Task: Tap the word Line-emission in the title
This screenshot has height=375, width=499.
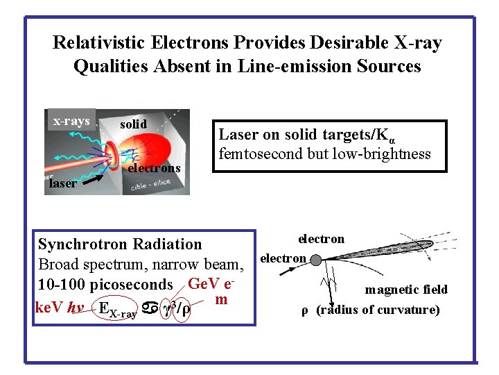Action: pyautogui.click(x=294, y=67)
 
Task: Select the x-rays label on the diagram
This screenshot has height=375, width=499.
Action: pyautogui.click(x=71, y=122)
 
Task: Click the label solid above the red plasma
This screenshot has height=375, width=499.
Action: pyautogui.click(x=133, y=124)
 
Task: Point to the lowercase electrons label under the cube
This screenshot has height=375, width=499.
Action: pyautogui.click(x=155, y=167)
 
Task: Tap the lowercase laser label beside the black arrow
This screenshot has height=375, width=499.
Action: pyautogui.click(x=62, y=184)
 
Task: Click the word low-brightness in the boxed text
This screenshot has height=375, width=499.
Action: pyautogui.click(x=382, y=153)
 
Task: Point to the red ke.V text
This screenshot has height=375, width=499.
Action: pyautogui.click(x=49, y=308)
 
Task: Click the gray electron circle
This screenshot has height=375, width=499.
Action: pyautogui.click(x=315, y=259)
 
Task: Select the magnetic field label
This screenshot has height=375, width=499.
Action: pyautogui.click(x=406, y=290)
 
